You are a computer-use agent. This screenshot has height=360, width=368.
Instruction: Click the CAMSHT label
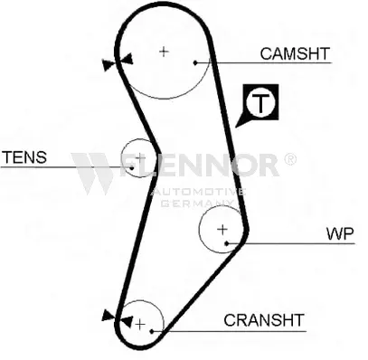coord(295,53)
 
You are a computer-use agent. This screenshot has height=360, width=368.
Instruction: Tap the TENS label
coord(24,157)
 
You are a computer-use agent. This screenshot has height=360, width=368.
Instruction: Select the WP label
coord(340,233)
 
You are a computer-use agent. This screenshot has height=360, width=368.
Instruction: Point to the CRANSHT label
coord(264,320)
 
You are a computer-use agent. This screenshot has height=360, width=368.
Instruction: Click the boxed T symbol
coord(261,102)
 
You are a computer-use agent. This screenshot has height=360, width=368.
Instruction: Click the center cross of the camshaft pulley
coord(164,52)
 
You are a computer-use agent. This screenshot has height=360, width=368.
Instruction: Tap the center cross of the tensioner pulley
coord(140,157)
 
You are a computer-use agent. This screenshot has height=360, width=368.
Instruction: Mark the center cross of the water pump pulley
coord(222,230)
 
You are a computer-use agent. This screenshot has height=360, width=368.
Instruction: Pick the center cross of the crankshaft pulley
coord(140,325)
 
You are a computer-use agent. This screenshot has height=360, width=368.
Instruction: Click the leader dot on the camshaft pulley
coord(195,62)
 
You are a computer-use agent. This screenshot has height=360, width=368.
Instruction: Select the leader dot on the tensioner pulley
coord(132,167)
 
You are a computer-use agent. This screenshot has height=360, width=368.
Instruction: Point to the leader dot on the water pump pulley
coord(227,243)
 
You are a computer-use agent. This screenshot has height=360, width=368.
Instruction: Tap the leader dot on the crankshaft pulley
coord(152,331)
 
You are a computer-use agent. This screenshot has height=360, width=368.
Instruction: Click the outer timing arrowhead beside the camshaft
coord(109,65)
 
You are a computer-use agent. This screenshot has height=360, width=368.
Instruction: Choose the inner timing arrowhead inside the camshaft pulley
coord(127,59)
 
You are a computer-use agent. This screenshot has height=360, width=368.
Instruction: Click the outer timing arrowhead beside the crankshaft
coord(108,315)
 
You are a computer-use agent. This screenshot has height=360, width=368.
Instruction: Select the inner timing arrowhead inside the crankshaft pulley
coord(127,321)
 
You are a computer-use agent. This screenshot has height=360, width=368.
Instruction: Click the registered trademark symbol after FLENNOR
coord(290,159)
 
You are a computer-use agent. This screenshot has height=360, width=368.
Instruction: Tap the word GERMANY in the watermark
coord(197,204)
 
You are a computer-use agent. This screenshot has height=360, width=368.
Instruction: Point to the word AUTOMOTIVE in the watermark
coord(198,192)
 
